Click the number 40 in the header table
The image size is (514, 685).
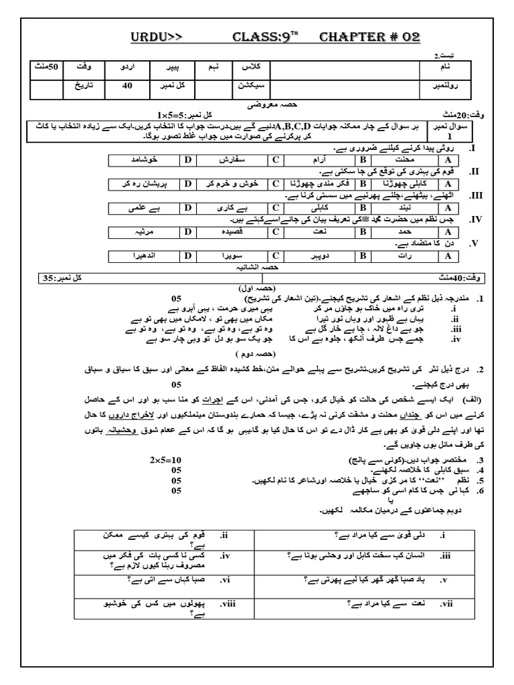[128, 86]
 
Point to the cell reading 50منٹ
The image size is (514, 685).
[46, 68]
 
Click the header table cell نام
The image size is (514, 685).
[443, 68]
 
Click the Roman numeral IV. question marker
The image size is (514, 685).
[473, 219]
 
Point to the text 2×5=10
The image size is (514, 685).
[163, 460]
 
